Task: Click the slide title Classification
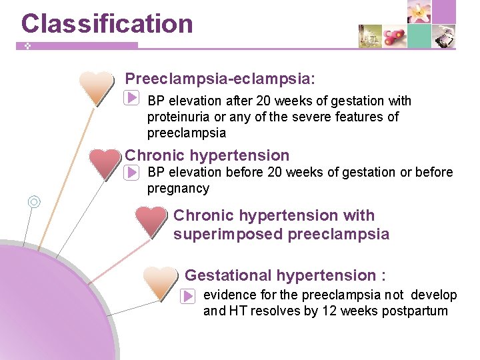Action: pyautogui.click(x=107, y=23)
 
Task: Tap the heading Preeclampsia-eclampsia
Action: pyautogui.click(x=220, y=79)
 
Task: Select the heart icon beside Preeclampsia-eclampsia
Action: pyautogui.click(x=96, y=87)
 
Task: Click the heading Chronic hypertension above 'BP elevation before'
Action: pyautogui.click(x=207, y=156)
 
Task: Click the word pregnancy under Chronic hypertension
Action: pyautogui.click(x=178, y=189)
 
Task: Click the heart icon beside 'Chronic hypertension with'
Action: pyautogui.click(x=151, y=221)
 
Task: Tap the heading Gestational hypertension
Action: pyautogui.click(x=281, y=275)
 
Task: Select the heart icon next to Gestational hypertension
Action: pyautogui.click(x=161, y=282)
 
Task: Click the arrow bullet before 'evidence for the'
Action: pyautogui.click(x=187, y=295)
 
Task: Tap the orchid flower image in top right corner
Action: pyautogui.click(x=419, y=12)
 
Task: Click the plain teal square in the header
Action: pyautogui.click(x=419, y=36)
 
